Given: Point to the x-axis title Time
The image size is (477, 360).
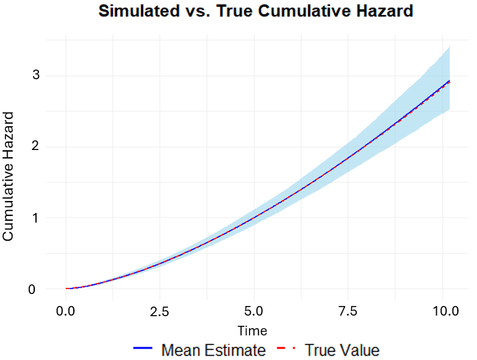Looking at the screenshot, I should coord(252,331).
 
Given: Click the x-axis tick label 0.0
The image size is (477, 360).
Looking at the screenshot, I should coord(65,311).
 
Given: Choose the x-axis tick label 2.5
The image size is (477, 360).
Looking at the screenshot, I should coord(160,311).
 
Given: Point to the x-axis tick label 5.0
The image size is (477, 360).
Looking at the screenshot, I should coord(254,311).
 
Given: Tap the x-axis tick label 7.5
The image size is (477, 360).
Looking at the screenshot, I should coord(349,311).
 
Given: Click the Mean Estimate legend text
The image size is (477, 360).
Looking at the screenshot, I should coord(213,350).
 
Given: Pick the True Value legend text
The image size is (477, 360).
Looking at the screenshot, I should coord(342,350).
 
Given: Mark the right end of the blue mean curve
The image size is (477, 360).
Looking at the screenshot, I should coord(449,80).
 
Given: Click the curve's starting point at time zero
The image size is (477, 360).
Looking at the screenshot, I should coord(66,289).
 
